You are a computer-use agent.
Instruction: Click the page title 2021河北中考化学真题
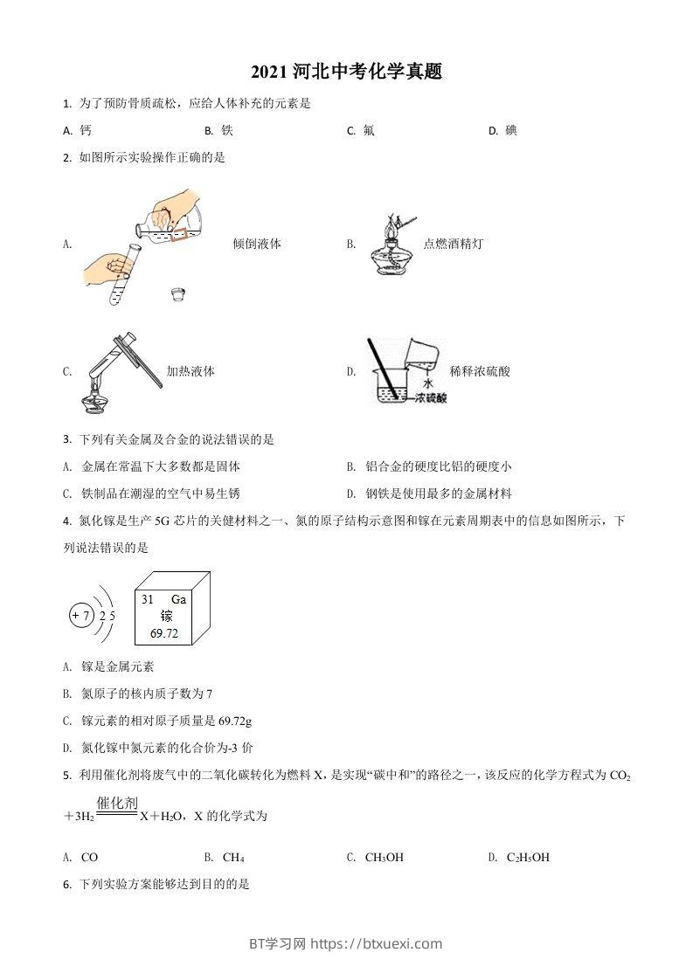point(346,72)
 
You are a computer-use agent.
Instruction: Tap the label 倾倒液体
point(257,245)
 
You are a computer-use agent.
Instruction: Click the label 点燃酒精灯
point(453,245)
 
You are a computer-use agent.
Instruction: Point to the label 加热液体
point(191,371)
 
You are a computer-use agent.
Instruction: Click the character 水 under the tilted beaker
point(427,383)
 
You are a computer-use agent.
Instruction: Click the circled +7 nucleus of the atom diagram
point(80,616)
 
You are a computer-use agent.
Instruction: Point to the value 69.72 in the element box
point(163,633)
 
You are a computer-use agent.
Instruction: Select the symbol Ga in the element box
point(178,600)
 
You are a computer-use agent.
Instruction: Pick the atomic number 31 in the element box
point(147,600)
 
